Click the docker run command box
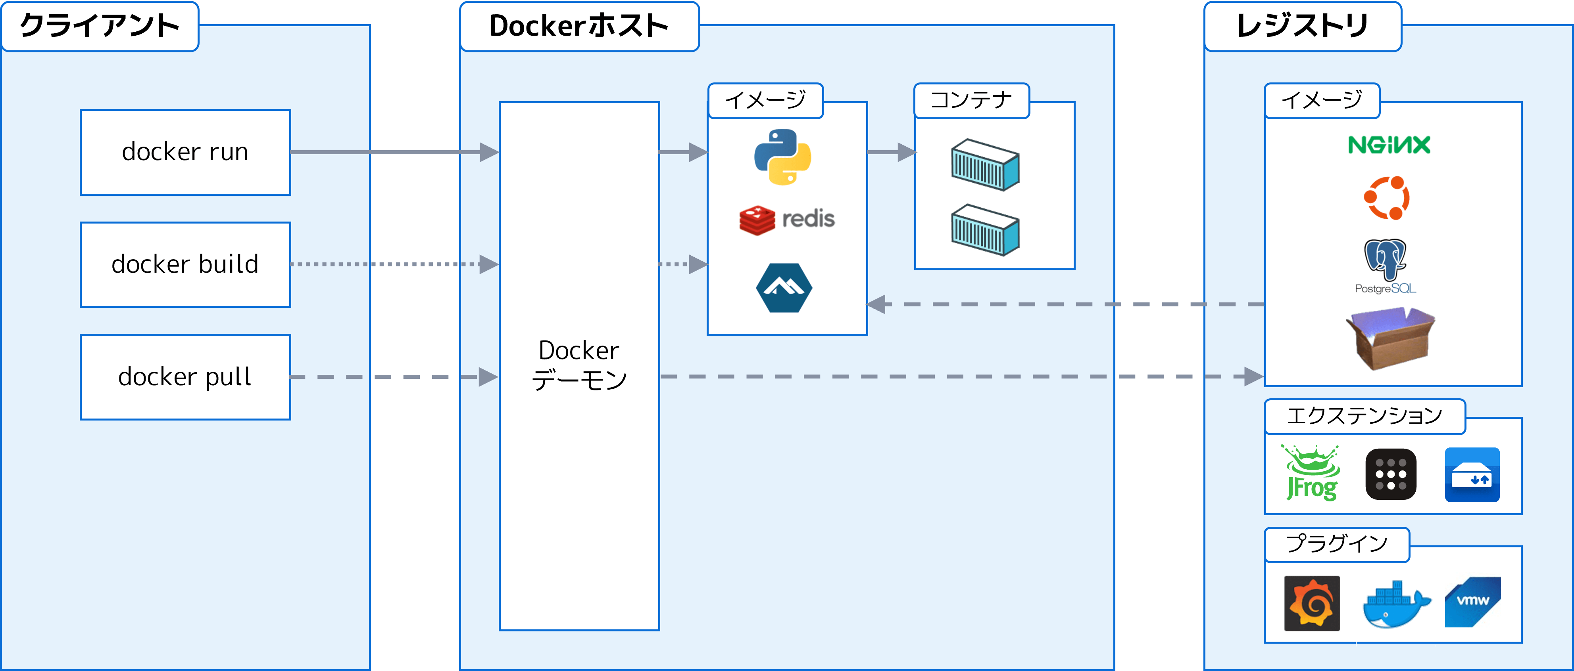point(185,152)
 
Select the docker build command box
point(185,264)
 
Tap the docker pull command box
point(185,377)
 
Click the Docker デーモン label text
point(578,365)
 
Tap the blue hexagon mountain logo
point(784,288)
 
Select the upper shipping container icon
point(985,165)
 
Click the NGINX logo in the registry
point(1389,145)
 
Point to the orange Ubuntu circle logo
point(1387,198)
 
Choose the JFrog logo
point(1311,473)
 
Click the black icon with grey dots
point(1391,474)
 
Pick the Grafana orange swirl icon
point(1312,603)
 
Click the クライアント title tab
point(100,26)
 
